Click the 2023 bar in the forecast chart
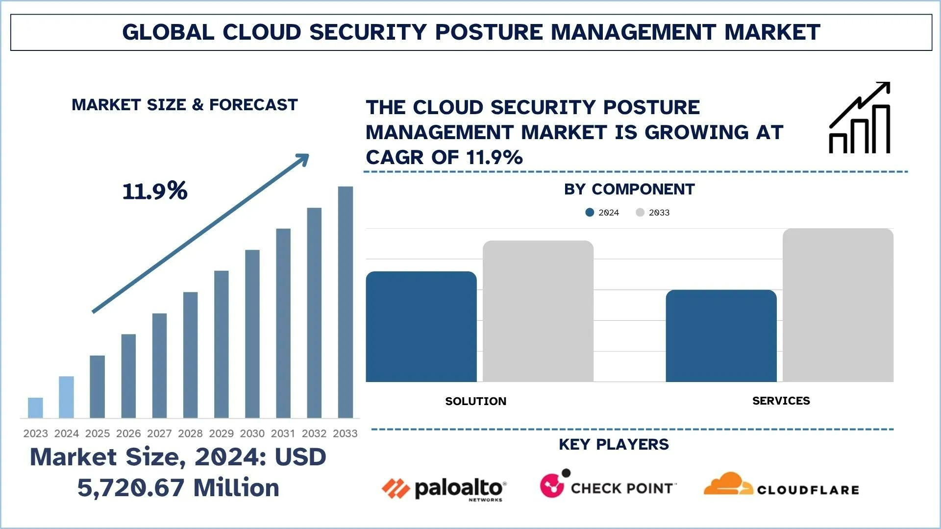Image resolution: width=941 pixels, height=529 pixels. point(35,408)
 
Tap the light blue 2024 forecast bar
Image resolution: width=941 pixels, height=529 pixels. point(66,397)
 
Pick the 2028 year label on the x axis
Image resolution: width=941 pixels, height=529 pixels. point(190,433)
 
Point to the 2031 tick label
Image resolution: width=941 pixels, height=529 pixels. point(283,433)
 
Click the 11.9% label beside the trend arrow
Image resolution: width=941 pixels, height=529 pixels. point(155,191)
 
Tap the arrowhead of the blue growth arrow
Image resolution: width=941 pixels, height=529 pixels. point(302,160)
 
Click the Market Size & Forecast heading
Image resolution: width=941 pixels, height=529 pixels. point(184,105)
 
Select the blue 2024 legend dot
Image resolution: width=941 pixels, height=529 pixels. point(590,213)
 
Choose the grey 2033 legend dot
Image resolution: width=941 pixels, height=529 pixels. point(640,213)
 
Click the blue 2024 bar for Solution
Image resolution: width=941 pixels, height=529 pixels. point(421,327)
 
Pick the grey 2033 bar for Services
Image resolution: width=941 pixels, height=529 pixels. point(838,305)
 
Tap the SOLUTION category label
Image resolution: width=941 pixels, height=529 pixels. point(475,401)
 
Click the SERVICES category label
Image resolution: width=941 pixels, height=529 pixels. point(781,401)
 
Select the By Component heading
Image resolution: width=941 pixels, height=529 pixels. point(629,189)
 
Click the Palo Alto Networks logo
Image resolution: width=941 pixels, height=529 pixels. point(444,488)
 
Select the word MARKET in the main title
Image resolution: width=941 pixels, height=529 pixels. point(772,32)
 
